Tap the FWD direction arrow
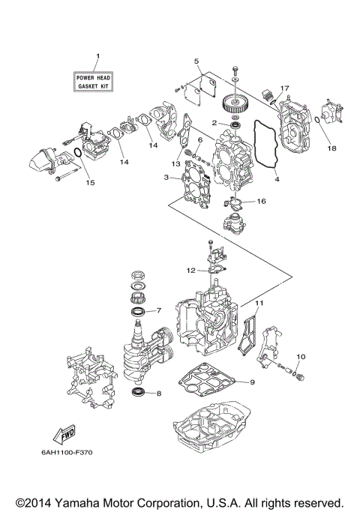coord(62,435)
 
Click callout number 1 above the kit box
coord(97,58)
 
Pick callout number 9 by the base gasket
coord(252,382)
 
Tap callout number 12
coord(190,269)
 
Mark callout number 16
coord(262,202)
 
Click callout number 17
coord(284,88)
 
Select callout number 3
coord(166,177)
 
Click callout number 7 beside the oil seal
coord(157,310)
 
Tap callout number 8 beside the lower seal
coord(157,393)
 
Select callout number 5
coord(196,61)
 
